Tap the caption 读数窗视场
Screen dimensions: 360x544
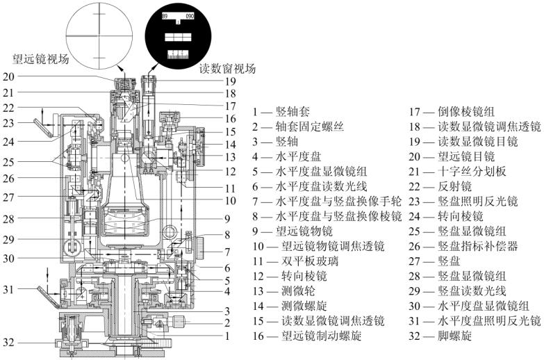click(x=227, y=69)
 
